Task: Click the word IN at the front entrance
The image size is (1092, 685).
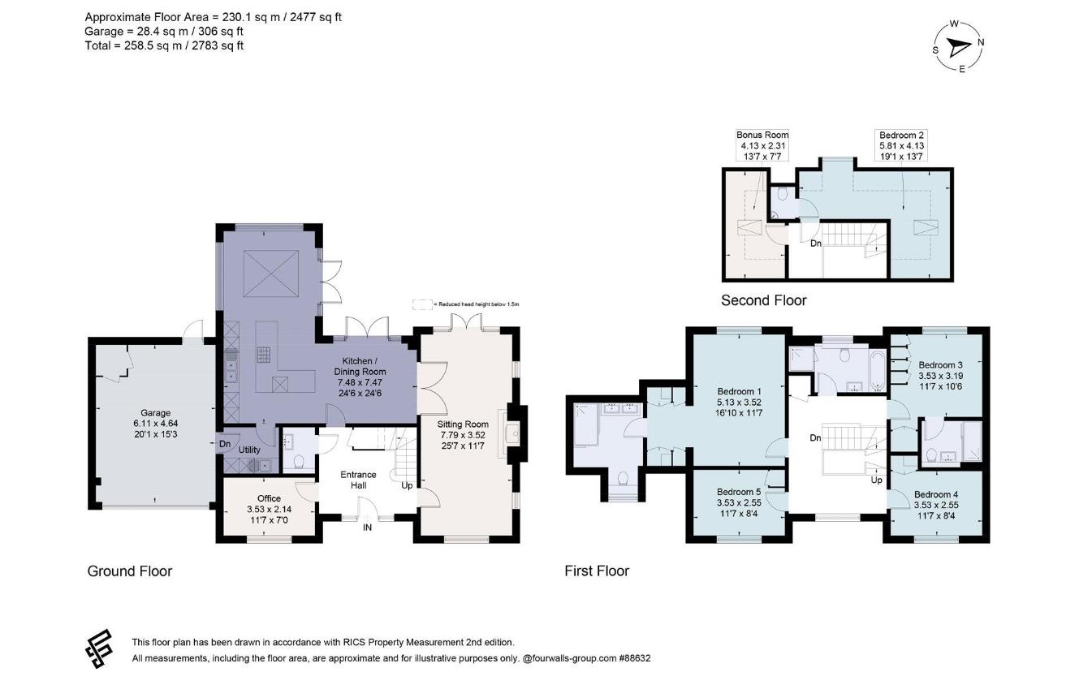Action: [367, 528]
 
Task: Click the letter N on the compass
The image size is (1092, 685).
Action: [981, 42]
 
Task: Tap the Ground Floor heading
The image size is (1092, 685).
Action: [130, 571]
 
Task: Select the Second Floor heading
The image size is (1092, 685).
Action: [764, 300]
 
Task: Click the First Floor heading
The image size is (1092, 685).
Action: [597, 571]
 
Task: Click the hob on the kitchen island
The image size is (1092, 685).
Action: [264, 354]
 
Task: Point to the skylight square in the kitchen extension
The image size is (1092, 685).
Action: [271, 274]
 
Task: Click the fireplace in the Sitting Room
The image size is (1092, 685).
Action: [511, 433]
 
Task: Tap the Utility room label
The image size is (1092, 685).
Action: [249, 450]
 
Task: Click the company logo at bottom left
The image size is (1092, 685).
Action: [99, 648]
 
